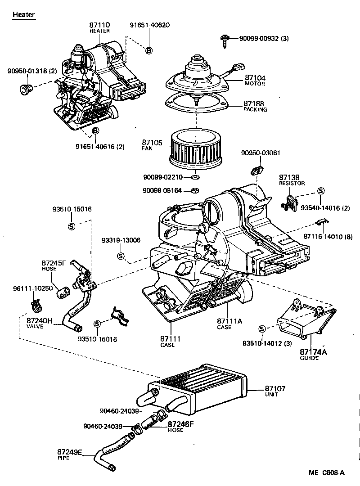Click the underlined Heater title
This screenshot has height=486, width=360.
[23, 15]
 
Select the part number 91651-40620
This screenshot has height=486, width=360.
[150, 25]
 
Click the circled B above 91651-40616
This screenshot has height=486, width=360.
[95, 131]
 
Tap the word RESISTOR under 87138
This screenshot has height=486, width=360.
[292, 184]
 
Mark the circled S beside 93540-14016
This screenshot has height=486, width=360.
[321, 191]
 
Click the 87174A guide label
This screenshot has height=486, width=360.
[314, 352]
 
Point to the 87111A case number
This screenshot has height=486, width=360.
[229, 321]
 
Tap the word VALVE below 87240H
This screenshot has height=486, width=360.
[35, 326]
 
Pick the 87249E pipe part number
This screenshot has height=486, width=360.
[70, 452]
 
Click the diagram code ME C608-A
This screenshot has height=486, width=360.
[327, 472]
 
